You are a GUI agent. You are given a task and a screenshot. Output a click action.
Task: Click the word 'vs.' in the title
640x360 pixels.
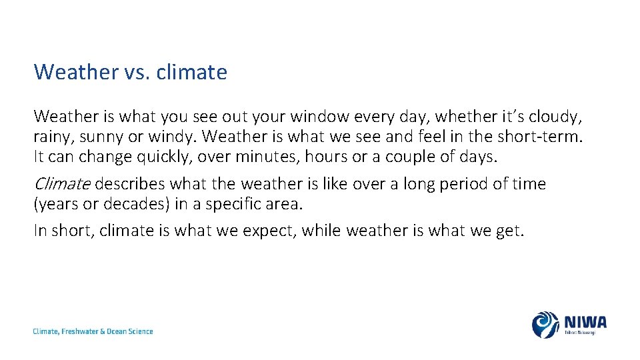(137, 72)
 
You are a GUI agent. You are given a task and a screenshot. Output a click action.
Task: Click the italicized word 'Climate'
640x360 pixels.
(62, 183)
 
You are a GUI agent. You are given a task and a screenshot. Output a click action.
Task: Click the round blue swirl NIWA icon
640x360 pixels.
(545, 325)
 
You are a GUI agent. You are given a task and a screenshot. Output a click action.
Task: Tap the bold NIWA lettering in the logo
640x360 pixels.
(585, 322)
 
